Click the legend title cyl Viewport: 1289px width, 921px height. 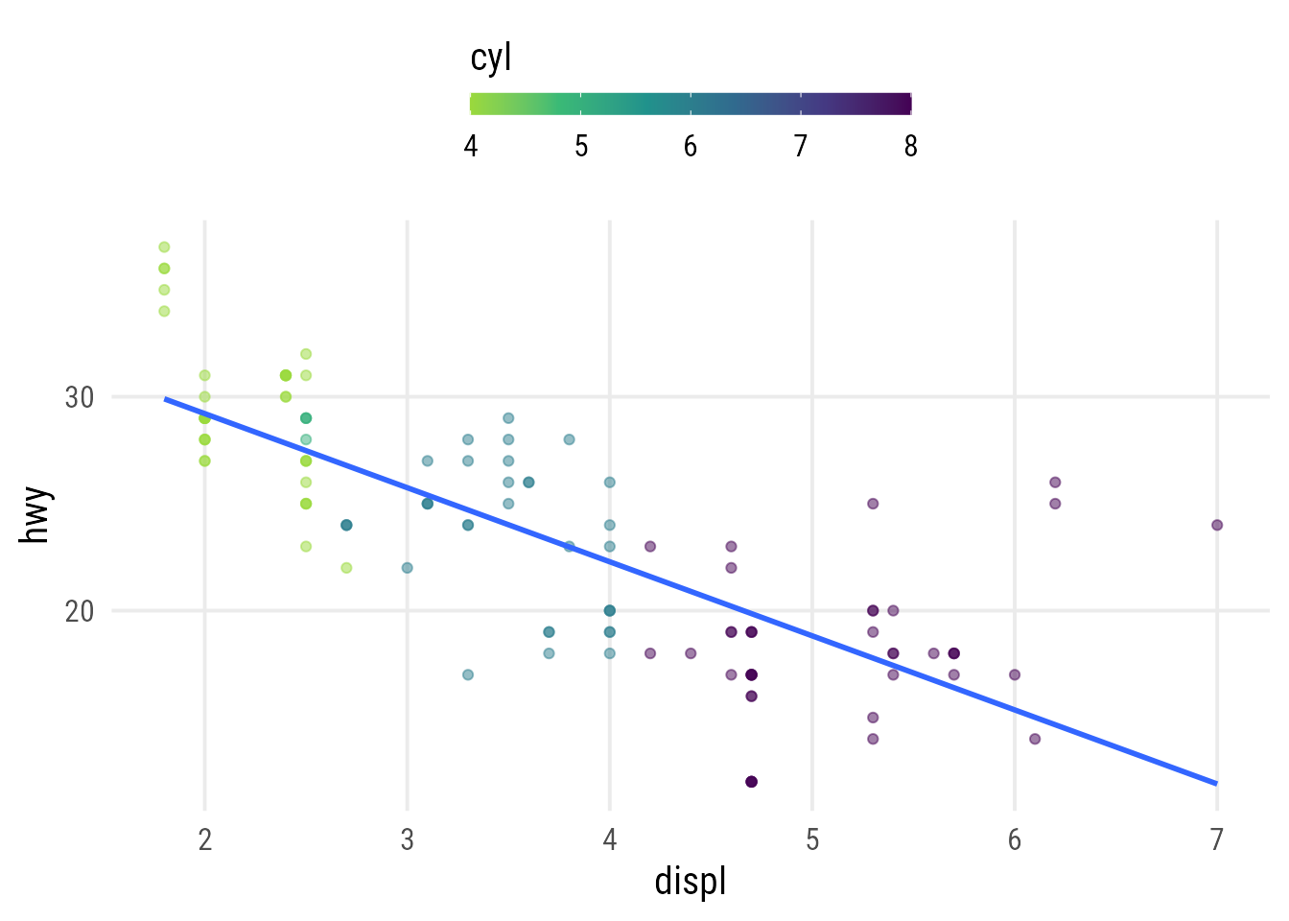[491, 59]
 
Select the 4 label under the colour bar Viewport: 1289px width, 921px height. [471, 146]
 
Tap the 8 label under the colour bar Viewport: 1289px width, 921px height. [910, 146]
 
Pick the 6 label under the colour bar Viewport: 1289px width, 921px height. [691, 146]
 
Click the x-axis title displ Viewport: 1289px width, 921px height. [691, 881]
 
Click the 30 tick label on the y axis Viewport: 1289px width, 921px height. [80, 397]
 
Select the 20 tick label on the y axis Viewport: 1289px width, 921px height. [80, 611]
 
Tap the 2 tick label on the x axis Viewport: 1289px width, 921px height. [204, 840]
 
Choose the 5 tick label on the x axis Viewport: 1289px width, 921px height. [812, 840]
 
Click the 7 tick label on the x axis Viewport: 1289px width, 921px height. [1217, 840]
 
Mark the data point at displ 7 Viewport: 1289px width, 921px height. [1217, 525]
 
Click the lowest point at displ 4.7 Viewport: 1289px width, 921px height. [751, 782]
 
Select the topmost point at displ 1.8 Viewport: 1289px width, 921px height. [164, 248]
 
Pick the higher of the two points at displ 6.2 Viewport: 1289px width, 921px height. [1055, 483]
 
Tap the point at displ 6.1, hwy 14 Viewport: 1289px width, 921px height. [1035, 739]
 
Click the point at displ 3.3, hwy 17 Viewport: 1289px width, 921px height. [468, 674]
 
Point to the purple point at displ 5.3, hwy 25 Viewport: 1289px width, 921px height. [873, 504]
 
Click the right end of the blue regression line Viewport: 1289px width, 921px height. [1217, 784]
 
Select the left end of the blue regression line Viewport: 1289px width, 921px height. [164, 398]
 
